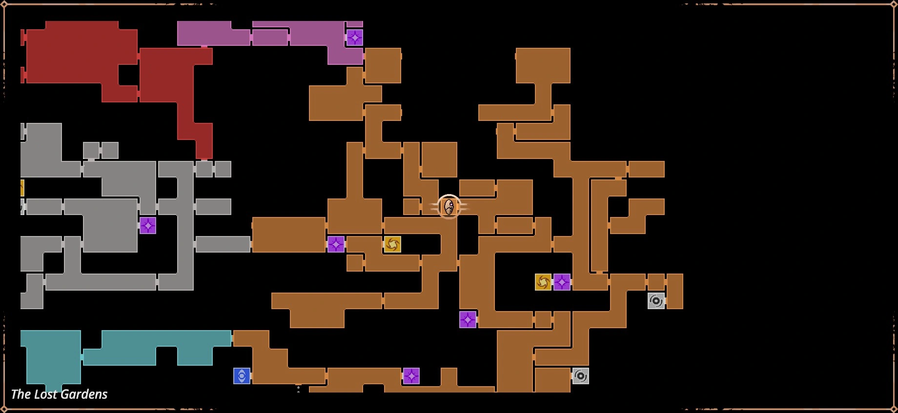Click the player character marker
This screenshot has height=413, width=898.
tap(449, 207)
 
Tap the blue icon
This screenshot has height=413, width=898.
tap(242, 376)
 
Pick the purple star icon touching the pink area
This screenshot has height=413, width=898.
tap(355, 38)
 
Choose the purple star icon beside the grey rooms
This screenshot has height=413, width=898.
tap(148, 226)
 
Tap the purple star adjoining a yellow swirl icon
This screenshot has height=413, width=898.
tap(562, 282)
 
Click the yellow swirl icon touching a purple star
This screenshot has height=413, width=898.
tap(543, 282)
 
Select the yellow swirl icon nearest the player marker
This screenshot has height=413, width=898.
tap(392, 244)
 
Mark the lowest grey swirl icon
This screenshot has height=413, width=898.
tap(580, 376)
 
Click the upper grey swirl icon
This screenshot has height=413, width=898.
tap(656, 301)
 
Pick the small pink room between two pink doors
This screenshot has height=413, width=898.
tap(270, 38)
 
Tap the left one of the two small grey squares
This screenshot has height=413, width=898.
tap(91, 150)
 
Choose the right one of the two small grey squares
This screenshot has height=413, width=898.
tap(110, 150)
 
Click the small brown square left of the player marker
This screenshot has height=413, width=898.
tap(411, 207)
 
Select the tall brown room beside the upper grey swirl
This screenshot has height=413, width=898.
tap(674, 291)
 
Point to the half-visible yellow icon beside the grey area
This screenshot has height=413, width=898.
tap(22, 188)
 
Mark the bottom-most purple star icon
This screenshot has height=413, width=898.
tap(411, 376)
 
